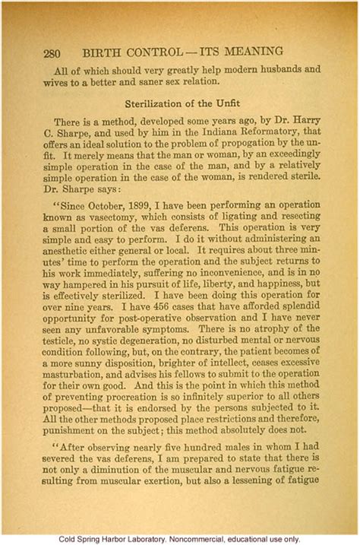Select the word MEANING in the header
click(253, 52)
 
